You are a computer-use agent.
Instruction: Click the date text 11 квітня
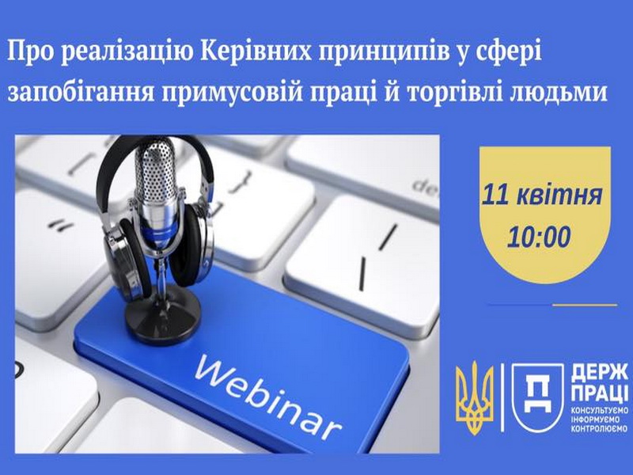[542, 195]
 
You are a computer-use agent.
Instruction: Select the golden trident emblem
[475, 397]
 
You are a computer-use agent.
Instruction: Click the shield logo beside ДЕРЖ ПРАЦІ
[537, 397]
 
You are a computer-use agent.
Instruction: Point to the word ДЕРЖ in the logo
[600, 373]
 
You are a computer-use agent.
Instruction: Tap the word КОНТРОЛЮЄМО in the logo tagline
[600, 428]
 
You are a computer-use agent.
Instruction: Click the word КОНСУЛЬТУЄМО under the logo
[600, 411]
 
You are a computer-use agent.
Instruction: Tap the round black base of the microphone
[163, 314]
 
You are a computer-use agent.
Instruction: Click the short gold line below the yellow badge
[585, 305]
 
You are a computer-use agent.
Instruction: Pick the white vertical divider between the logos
[502, 397]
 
